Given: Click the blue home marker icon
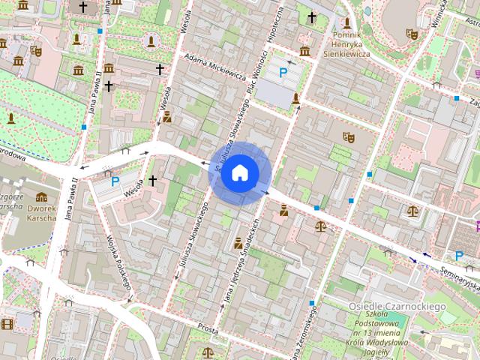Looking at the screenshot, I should pos(239,173).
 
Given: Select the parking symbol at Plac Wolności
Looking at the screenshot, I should pos(283,73).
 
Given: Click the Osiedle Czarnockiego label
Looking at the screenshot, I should pos(397,307).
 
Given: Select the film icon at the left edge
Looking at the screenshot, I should pos(7,324).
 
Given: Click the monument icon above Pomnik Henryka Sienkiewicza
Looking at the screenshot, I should pos(347,22).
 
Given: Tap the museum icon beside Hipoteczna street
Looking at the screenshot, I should pos(304,51).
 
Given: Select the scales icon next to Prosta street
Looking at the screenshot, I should pos(207,351).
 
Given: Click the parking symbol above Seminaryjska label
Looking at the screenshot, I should pos(459,256).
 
